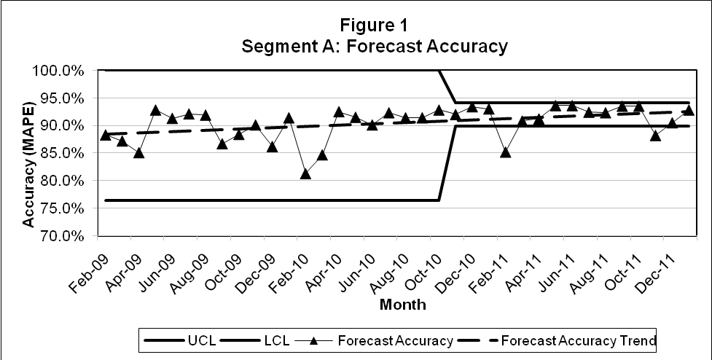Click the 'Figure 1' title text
click(375, 26)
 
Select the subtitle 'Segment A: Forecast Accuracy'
click(375, 47)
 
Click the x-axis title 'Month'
click(403, 305)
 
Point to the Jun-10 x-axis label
click(357, 269)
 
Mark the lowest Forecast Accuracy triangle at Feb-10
click(305, 174)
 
